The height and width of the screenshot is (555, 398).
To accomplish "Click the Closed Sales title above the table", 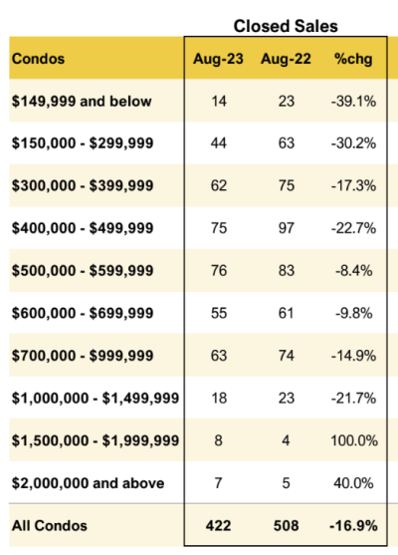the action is coord(286,26).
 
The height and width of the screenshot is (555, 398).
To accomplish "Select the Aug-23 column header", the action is coord(218,59).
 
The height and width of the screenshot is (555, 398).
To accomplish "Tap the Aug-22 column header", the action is coord(286,59).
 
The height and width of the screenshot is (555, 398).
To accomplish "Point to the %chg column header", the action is coord(353,59).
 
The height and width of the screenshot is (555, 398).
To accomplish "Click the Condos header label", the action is coord(38,59).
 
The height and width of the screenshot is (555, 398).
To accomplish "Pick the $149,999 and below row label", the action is coord(82,102).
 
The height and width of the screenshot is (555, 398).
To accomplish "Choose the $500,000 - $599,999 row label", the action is coord(83,271).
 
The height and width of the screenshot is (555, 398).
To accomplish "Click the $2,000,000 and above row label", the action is coord(88,483).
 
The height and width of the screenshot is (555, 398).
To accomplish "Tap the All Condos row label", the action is coord(50,526).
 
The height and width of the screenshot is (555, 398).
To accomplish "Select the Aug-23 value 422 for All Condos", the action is coord(219,526).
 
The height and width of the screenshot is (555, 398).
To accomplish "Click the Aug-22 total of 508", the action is coord(286,526).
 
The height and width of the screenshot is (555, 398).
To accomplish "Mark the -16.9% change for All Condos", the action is coord(353,526).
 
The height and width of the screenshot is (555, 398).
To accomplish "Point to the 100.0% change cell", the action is coord(354,440).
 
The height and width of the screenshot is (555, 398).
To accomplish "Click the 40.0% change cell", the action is coord(353,483).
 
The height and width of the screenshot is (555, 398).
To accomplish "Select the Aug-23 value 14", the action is coord(219,102).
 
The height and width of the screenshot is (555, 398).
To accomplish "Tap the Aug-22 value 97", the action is coord(287,228).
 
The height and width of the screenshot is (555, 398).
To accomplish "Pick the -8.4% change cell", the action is coord(354,271).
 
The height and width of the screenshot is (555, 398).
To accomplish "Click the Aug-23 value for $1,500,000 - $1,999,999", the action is coord(219,440).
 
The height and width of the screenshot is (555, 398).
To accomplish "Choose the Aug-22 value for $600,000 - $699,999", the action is coord(286,313).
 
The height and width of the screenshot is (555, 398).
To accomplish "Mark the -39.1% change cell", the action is coord(353,102).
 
